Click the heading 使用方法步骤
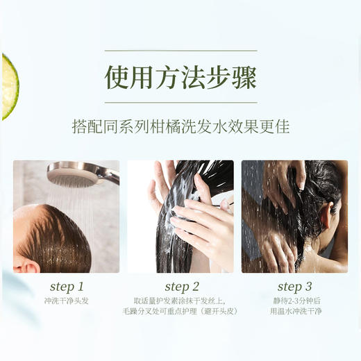180,77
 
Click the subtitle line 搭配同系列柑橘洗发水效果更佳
180,128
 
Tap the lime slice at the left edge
8,87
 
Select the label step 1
67,287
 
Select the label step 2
183,287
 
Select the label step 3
294,287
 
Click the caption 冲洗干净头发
67,301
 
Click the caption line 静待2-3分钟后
295,301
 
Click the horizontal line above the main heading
180,51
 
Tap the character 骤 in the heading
242,77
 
